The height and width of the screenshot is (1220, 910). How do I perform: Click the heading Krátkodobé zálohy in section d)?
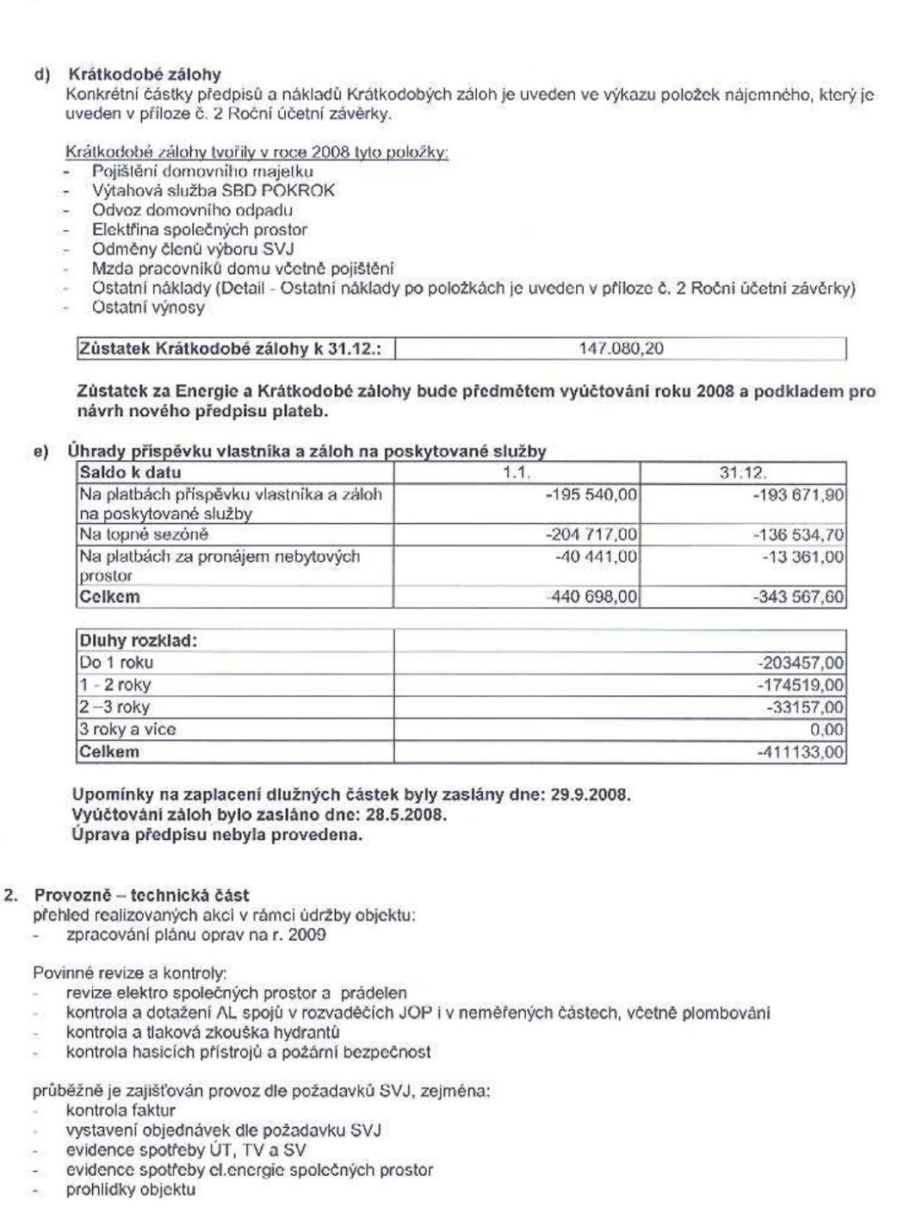(x=145, y=74)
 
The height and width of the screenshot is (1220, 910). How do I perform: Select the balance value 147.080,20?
(x=622, y=348)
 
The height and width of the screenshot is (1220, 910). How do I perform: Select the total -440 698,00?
(x=591, y=597)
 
